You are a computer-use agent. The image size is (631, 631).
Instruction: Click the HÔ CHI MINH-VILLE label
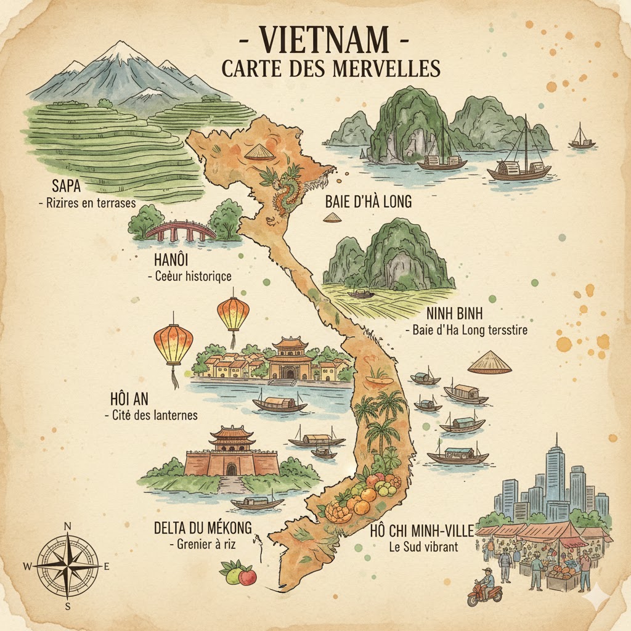point(423,531)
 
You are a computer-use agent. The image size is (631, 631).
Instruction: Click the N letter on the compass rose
point(68,526)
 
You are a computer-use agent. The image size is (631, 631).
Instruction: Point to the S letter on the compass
point(68,606)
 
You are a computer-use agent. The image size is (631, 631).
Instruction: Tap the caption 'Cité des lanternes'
point(152,415)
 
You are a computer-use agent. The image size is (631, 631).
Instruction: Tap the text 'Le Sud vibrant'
point(423,547)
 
